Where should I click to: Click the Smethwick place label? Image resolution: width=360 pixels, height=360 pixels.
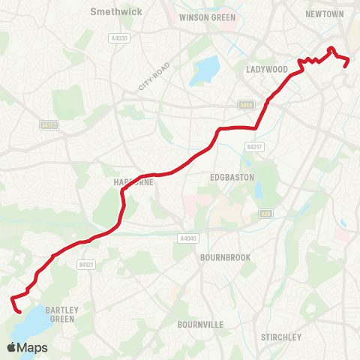110,12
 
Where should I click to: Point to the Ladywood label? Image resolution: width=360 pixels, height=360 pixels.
267,69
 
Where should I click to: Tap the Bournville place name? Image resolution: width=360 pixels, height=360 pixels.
200,325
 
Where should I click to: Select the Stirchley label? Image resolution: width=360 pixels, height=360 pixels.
281,337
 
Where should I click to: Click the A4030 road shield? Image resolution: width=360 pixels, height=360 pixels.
118,38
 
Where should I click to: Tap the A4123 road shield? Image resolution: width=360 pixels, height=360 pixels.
49,126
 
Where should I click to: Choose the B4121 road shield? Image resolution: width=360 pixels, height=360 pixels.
86,264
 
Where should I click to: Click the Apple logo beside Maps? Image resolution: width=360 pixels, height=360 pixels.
12,347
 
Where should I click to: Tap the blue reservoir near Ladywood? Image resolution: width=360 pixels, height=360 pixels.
204,72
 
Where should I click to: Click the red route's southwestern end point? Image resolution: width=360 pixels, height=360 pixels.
18,307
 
